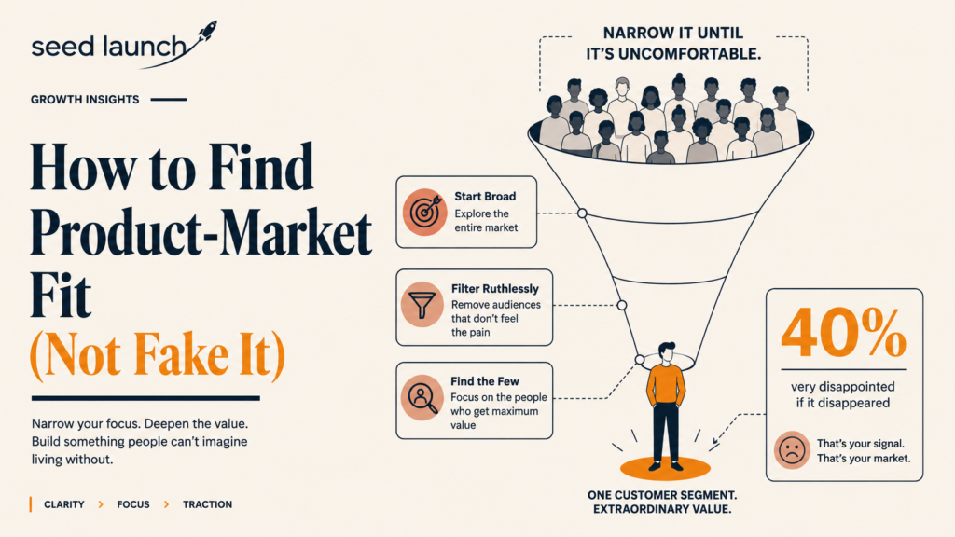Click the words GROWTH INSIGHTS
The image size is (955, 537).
click(x=85, y=99)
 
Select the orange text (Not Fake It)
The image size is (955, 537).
click(x=157, y=355)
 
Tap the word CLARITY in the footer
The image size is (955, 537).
click(x=64, y=504)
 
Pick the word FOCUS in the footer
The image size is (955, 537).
click(x=133, y=504)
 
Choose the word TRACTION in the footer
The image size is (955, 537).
click(x=208, y=504)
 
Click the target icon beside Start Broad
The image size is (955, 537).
click(x=424, y=212)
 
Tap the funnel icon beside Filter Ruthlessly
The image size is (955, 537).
click(x=422, y=304)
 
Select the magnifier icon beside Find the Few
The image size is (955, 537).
click(x=422, y=397)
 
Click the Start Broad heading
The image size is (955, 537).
click(x=485, y=196)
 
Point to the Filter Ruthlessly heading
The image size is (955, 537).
click(x=495, y=289)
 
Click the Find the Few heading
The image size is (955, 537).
click(x=485, y=381)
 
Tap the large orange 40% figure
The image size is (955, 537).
click(x=843, y=333)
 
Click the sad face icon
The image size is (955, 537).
click(x=792, y=450)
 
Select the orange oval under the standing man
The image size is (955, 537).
click(x=665, y=469)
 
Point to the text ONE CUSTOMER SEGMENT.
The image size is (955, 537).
click(x=662, y=495)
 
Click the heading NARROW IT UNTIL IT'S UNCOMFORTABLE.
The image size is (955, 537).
click(x=673, y=43)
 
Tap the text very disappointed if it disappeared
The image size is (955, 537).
click(x=843, y=394)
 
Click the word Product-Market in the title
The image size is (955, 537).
click(x=201, y=233)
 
